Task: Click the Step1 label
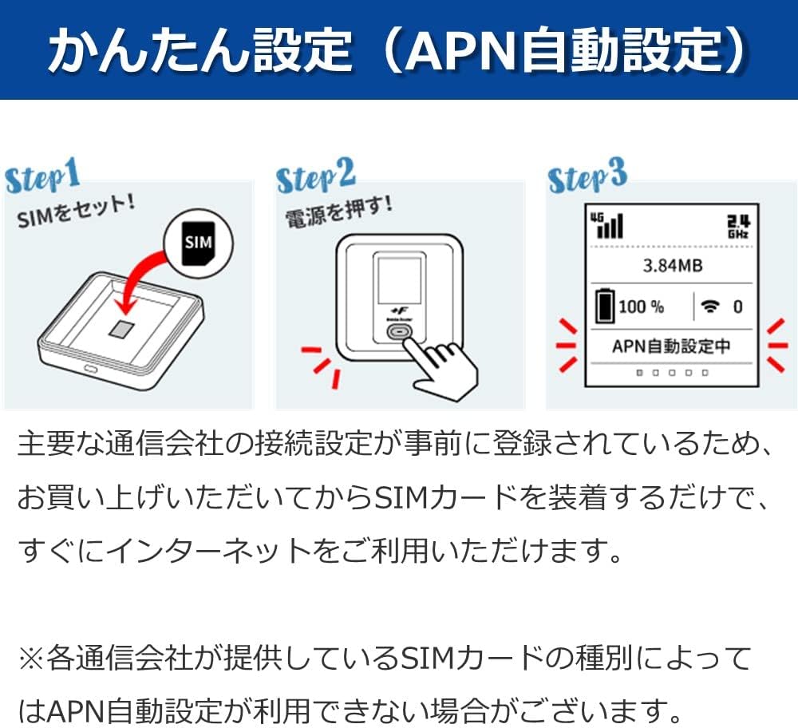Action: pos(42,180)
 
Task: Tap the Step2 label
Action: pos(316,180)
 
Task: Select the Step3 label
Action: pos(588,177)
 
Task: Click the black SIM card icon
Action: pos(195,239)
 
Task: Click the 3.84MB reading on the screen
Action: pos(672,266)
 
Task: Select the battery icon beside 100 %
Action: pos(606,307)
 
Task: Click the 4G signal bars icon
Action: pos(608,225)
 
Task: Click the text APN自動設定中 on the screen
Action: pos(671,346)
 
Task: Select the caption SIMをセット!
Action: pos(76,209)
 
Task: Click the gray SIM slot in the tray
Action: pos(120,329)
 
